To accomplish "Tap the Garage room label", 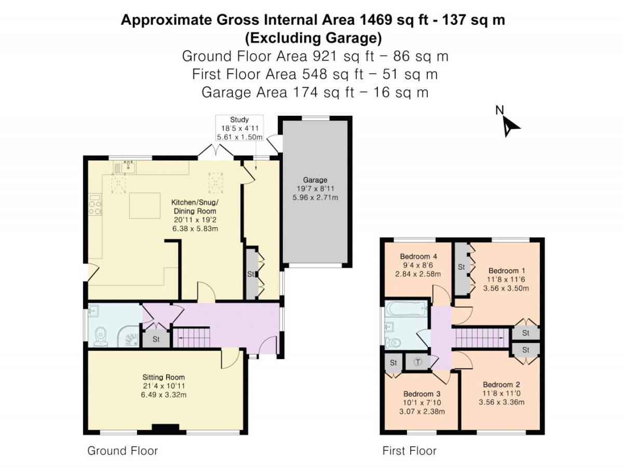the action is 315,180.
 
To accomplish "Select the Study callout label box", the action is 239,128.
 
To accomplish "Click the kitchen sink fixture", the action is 128,167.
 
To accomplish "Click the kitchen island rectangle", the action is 145,205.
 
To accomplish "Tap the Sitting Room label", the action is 164,377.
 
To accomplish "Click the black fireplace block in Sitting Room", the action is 166,429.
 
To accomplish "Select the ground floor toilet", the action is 101,337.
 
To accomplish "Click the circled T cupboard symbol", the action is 417,362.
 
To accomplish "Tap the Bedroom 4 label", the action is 418,256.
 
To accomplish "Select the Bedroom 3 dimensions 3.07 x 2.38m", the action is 422,411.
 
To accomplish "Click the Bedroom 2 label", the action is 502,384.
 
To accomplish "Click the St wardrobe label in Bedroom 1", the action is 462,267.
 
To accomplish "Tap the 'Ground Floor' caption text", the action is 123,451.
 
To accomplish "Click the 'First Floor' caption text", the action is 409,451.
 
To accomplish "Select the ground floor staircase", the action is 191,337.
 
